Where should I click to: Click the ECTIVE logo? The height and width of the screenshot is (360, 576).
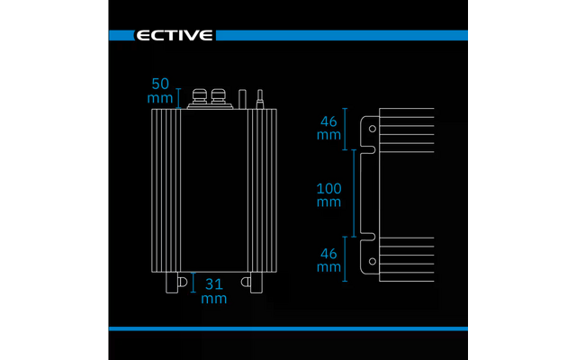[x=174, y=35]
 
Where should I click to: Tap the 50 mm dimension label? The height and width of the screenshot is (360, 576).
[x=160, y=91]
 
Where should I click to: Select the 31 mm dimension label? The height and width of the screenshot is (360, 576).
[x=214, y=291]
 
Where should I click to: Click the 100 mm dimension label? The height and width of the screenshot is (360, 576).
[x=328, y=194]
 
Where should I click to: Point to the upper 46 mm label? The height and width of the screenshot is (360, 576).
[x=328, y=128]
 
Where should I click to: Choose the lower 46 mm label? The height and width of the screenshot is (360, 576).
[x=328, y=260]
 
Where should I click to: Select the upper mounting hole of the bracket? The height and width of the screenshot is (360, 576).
[x=372, y=129]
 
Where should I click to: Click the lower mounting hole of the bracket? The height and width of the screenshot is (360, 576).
[x=372, y=261]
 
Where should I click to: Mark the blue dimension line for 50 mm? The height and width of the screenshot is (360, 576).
[x=178, y=98]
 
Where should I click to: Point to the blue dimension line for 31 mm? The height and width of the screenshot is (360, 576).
[x=193, y=282]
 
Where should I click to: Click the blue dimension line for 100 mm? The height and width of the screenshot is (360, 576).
[x=354, y=193]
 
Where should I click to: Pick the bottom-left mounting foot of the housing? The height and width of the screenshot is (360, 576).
[x=172, y=283]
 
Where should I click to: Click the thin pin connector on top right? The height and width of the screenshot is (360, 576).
[x=260, y=99]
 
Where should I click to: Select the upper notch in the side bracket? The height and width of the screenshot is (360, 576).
[x=368, y=149]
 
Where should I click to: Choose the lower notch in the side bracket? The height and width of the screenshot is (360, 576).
[x=368, y=237]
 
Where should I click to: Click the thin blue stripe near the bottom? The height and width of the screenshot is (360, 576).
[x=288, y=328]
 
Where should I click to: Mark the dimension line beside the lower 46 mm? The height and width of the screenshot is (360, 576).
[x=345, y=259]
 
